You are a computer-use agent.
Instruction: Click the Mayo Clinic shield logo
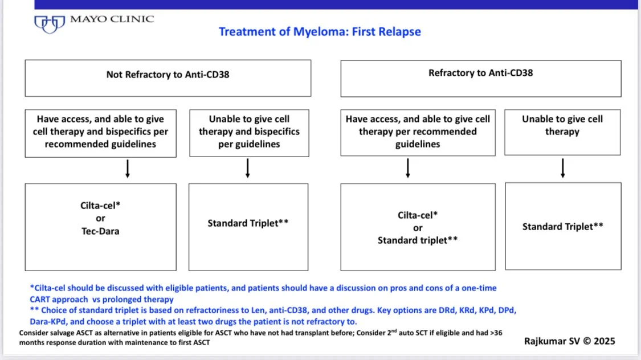point(49,24)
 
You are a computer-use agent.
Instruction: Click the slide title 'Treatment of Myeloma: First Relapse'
point(320,32)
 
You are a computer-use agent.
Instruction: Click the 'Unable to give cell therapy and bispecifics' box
point(249,132)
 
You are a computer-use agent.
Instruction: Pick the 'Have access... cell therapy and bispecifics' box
point(100,132)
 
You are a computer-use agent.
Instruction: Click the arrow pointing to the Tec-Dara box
point(128,169)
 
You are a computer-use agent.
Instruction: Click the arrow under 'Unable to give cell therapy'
point(563,168)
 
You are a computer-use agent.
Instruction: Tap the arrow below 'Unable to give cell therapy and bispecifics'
point(248,169)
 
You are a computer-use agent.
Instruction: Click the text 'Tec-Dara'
point(100,231)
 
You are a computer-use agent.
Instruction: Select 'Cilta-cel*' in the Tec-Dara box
point(100,206)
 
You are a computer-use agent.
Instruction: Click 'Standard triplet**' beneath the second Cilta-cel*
point(418,240)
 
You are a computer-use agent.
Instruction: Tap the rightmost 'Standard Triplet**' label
point(562,227)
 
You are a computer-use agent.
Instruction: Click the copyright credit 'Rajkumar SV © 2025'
point(570,341)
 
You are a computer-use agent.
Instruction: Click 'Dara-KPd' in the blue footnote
point(49,321)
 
